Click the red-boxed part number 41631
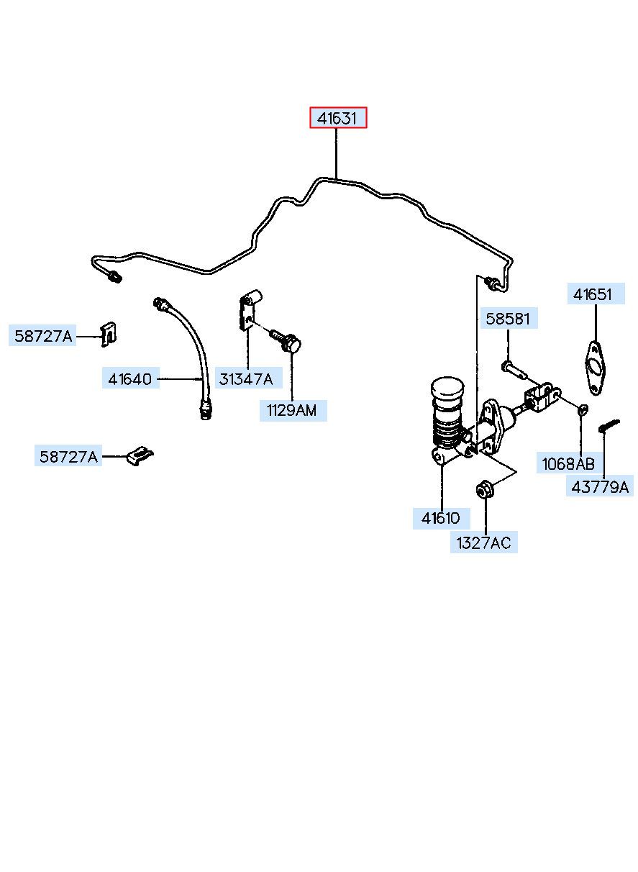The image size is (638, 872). [337, 117]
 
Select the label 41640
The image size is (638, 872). [130, 378]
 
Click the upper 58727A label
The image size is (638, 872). [43, 335]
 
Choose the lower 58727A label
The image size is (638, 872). [68, 456]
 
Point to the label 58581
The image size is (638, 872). [508, 319]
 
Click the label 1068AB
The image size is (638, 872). [568, 463]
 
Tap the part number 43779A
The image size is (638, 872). [600, 486]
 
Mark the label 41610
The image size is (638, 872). [441, 517]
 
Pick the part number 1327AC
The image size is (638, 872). [484, 542]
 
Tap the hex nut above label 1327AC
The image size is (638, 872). [485, 489]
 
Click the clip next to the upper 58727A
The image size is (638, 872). [108, 335]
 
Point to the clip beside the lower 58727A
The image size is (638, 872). [140, 455]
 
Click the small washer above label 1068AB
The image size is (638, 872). [583, 409]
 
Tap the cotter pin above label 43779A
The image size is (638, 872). [609, 425]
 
